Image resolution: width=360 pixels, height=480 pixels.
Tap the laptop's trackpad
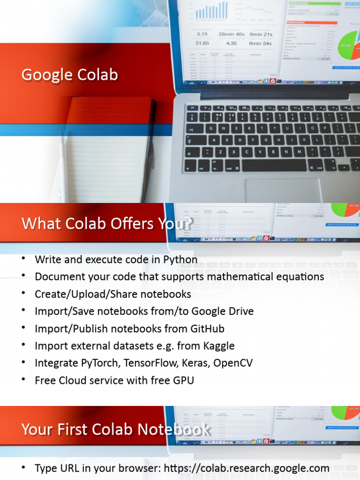tap(283, 190)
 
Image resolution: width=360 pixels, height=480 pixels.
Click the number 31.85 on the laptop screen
tap(202, 43)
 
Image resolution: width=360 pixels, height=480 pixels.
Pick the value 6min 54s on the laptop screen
tap(260, 43)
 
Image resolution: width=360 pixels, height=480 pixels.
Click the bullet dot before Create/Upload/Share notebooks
tap(23, 294)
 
